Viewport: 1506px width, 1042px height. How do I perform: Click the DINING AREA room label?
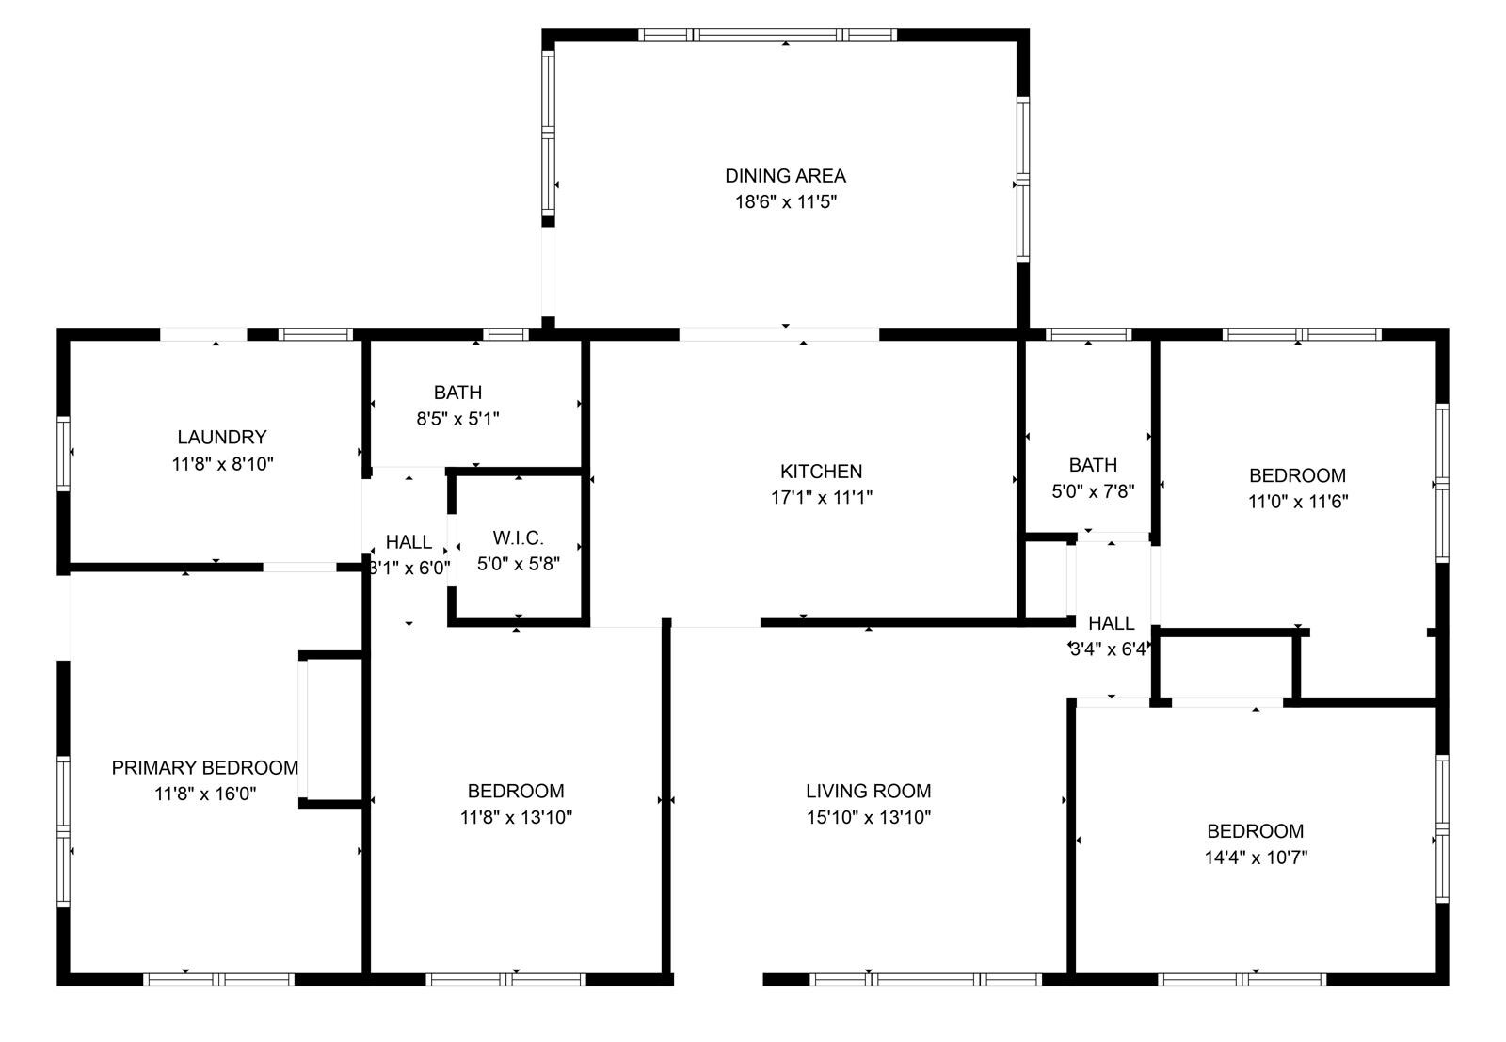[785, 175]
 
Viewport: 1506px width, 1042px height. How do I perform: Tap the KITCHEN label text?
[821, 472]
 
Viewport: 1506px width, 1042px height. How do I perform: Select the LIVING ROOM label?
[868, 792]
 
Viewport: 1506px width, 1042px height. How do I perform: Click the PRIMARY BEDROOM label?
[204, 768]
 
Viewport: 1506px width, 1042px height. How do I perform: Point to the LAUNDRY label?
[221, 437]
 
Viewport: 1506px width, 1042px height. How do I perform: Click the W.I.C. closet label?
[518, 538]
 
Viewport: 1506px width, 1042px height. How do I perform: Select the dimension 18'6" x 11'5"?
[785, 201]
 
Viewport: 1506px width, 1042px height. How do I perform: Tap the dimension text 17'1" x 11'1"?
[821, 498]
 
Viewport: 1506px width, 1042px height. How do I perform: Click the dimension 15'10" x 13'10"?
[868, 818]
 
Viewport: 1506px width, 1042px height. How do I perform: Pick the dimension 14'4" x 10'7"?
[1255, 858]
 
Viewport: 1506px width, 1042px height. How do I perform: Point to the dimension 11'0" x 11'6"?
[1297, 502]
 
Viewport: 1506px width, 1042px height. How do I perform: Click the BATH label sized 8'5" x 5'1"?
[457, 393]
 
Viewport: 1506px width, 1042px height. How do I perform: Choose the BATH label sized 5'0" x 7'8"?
[1093, 465]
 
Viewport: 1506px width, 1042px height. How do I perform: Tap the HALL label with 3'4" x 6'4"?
[1111, 623]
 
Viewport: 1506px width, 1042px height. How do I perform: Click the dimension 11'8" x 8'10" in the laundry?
[221, 463]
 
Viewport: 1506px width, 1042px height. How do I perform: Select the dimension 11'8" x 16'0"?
[204, 794]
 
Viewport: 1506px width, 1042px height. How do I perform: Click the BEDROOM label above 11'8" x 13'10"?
[516, 792]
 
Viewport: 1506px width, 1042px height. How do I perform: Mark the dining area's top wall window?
[767, 36]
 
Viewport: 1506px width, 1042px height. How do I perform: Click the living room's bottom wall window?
[925, 980]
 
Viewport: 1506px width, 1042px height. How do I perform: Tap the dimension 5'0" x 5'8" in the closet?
[518, 565]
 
